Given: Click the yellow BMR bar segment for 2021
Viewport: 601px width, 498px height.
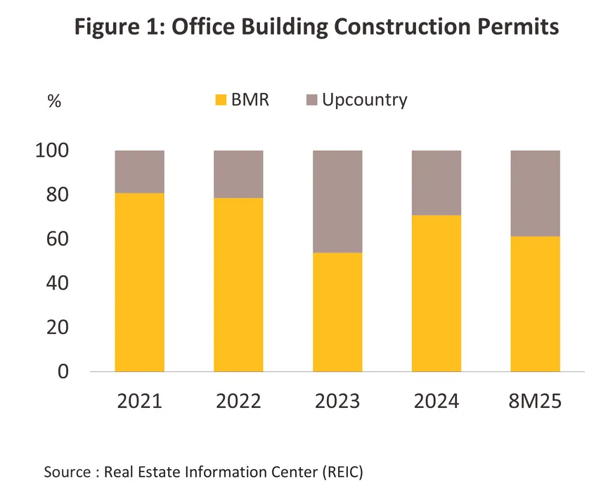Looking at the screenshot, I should point(139,281).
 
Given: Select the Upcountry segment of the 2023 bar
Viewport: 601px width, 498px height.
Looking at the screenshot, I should point(337,201).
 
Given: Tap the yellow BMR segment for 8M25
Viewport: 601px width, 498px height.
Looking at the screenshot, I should point(536,303).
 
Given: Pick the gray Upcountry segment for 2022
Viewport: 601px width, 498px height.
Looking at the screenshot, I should point(238,174).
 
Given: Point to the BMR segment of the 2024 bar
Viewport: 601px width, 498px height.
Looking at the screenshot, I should point(437,293).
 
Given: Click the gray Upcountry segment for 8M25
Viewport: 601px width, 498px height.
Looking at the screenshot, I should point(536,193).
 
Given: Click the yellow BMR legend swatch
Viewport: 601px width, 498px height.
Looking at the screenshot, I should point(221,100).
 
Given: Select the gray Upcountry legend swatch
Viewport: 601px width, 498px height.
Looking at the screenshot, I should point(311,100).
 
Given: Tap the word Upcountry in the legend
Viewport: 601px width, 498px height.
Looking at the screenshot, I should point(364,100).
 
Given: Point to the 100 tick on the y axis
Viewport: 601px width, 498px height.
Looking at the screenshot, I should point(52,151).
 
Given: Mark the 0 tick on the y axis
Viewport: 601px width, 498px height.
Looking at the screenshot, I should point(63,371).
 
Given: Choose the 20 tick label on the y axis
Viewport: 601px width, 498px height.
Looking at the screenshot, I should point(58,327).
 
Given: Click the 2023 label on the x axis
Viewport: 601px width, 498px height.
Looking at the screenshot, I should point(337,402).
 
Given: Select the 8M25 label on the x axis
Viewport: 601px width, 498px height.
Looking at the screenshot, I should point(536,402).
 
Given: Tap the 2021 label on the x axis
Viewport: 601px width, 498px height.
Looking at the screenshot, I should point(139,402).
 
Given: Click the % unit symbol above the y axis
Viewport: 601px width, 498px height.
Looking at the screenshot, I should point(54,101).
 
